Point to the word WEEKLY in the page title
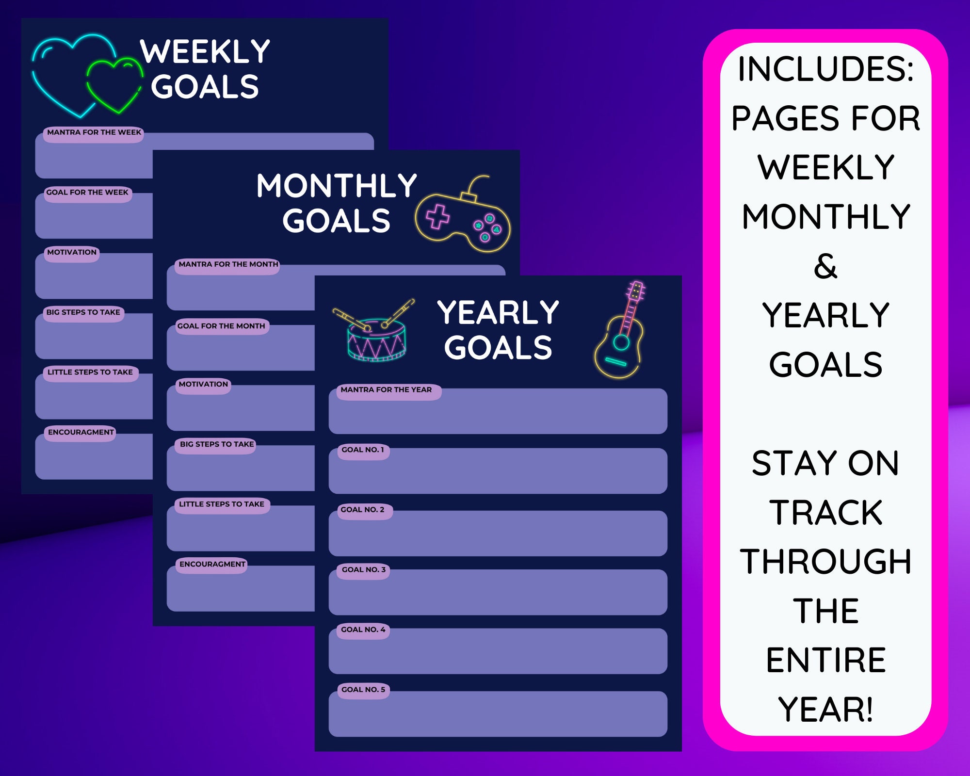[x=205, y=51]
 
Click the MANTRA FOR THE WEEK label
[x=94, y=132]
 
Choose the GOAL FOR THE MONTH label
[x=221, y=326]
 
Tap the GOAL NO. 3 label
[x=364, y=569]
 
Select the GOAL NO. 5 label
[x=363, y=690]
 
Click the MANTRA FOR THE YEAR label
[x=386, y=390]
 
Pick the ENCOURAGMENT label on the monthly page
[x=212, y=564]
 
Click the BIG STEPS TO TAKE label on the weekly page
[x=83, y=312]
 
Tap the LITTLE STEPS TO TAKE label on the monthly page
[x=222, y=504]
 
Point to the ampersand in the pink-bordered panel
[x=825, y=266]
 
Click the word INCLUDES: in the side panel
[x=825, y=69]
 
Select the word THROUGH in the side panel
[x=825, y=562]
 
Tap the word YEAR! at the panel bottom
[x=825, y=710]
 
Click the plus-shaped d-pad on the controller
[x=438, y=217]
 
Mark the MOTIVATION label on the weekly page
[x=72, y=252]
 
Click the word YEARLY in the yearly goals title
[x=498, y=313]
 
